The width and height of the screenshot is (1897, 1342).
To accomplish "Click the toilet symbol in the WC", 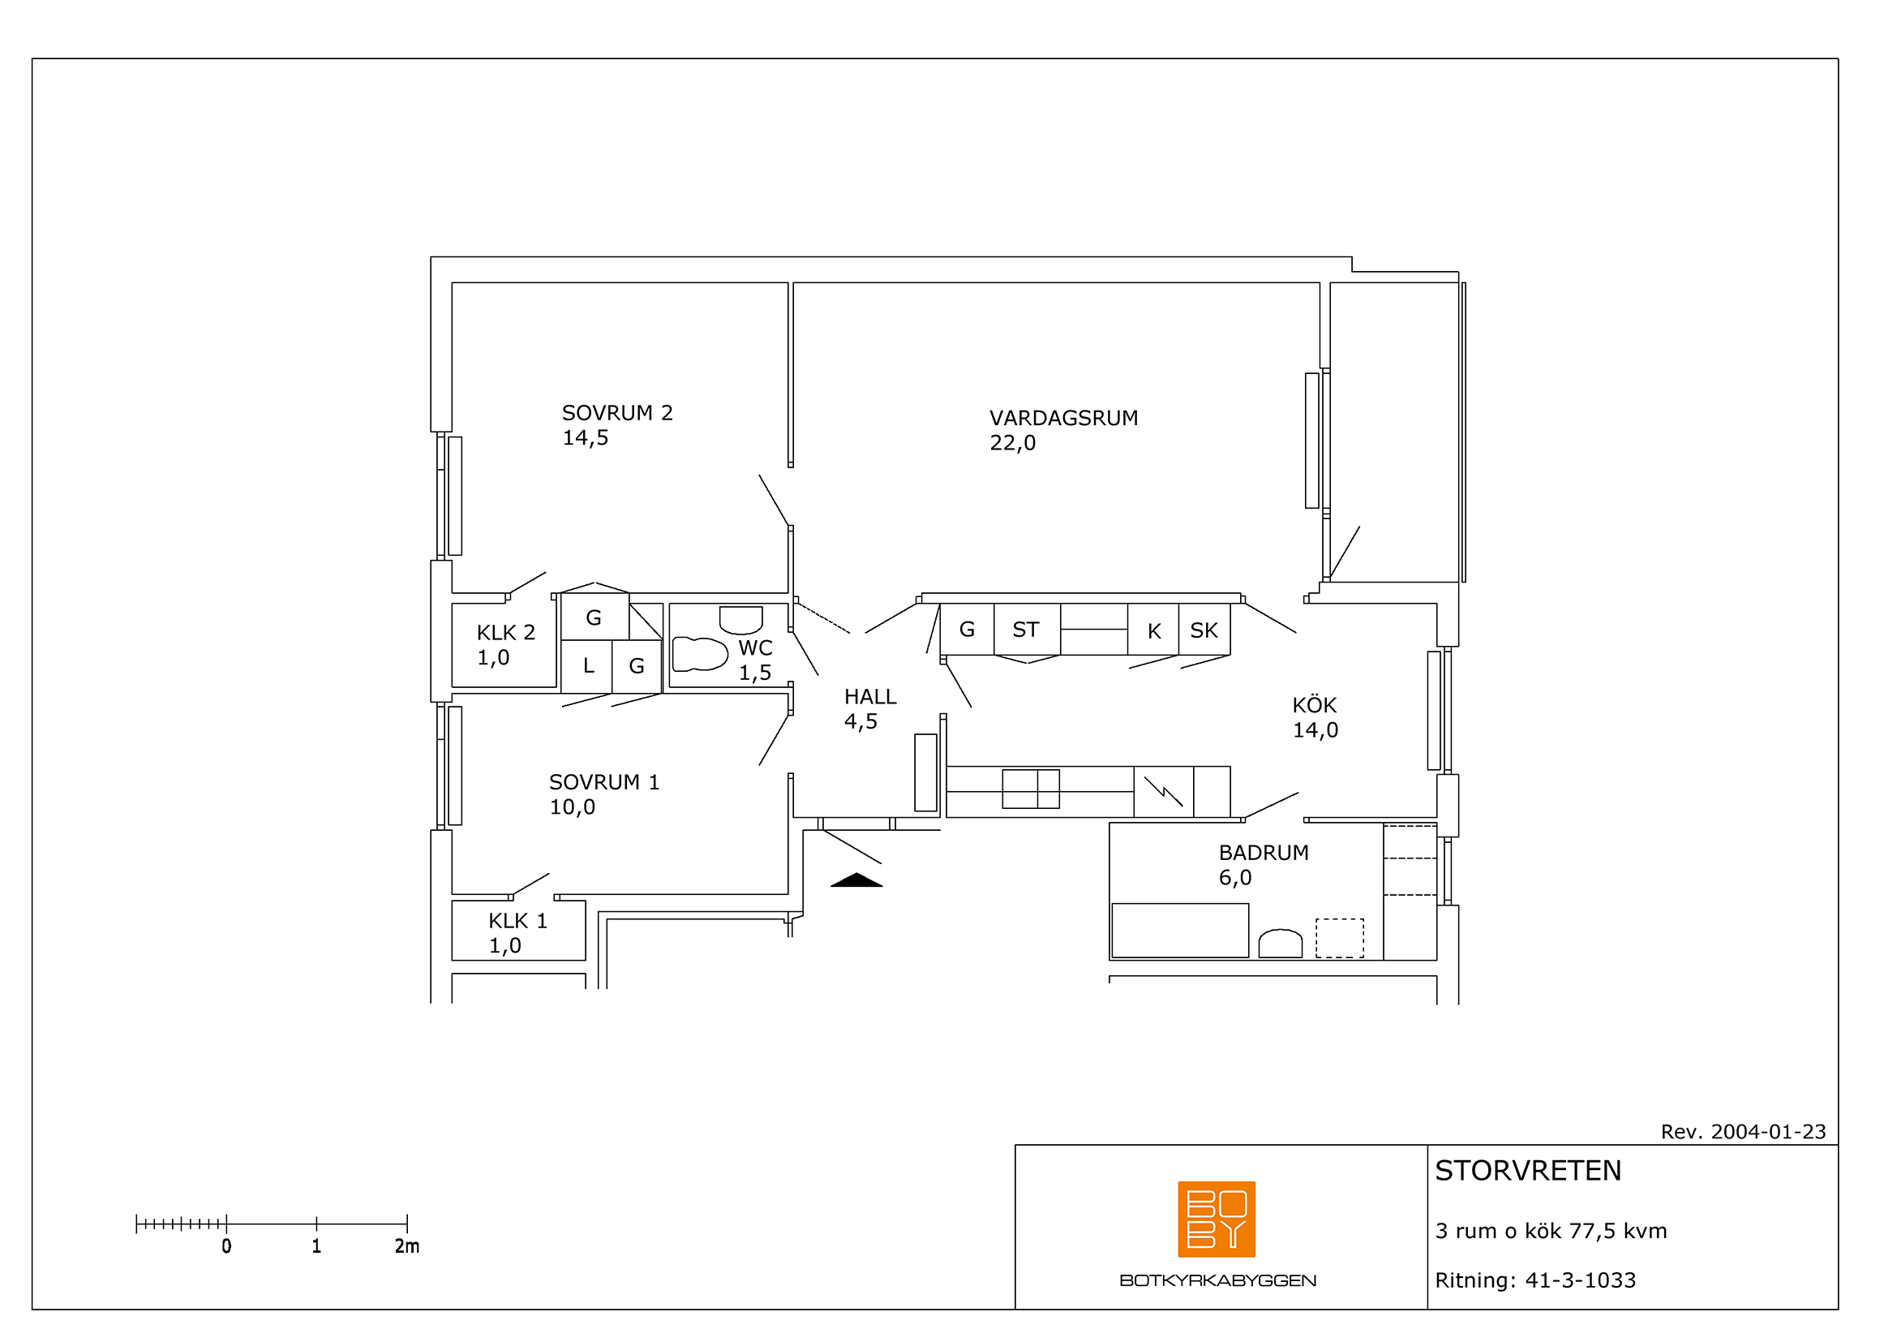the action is (699, 654).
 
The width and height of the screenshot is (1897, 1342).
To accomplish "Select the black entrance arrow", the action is (856, 880).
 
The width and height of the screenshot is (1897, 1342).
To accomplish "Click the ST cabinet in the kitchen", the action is (1027, 630).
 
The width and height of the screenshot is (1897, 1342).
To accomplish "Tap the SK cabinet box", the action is (1204, 630).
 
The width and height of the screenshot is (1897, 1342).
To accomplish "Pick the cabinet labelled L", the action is (586, 666).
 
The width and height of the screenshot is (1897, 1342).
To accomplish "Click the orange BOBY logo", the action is (1217, 1219).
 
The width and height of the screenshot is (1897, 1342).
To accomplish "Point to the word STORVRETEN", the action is (1528, 1171).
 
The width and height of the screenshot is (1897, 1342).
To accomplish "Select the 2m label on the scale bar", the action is (406, 1246).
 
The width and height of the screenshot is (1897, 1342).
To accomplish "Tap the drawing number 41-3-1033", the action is (1580, 1280).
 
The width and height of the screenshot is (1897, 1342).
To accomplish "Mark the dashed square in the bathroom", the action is (1339, 938).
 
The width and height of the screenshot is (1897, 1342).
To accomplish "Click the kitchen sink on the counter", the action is (1030, 789).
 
